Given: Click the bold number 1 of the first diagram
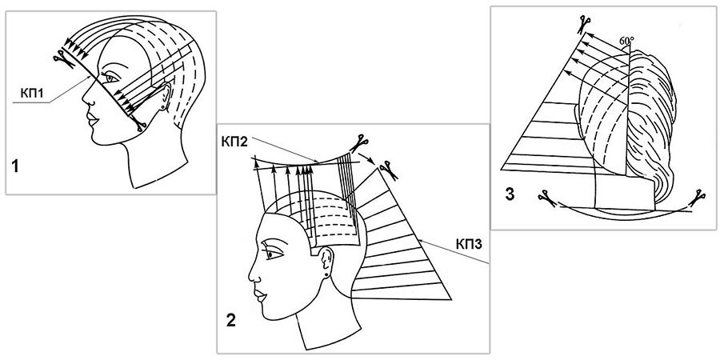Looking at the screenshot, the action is [15, 166].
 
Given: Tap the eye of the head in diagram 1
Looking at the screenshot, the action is [109, 82].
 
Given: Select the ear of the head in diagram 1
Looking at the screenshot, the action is [166, 97].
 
